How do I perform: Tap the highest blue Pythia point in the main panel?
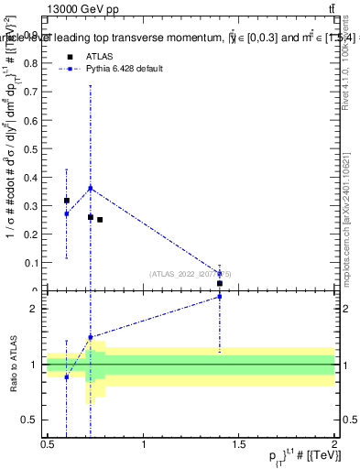point(90,188)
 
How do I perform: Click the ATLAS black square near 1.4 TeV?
point(220,283)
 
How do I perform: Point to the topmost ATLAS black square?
point(67,200)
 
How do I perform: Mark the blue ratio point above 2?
point(220,322)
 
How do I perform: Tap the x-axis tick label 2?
point(334,444)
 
